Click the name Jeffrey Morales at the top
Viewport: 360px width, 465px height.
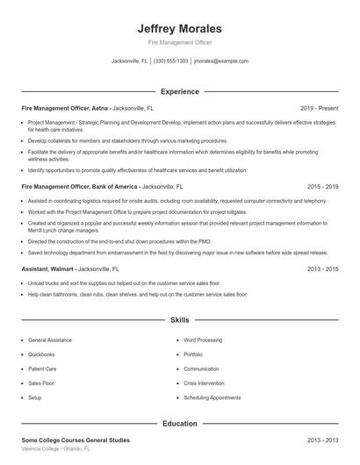tap(180, 28)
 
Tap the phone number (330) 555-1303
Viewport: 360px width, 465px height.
tap(171, 61)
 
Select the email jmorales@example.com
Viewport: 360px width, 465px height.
tap(221, 61)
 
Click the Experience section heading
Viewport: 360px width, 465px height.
tap(180, 91)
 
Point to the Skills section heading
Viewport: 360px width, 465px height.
tap(180, 321)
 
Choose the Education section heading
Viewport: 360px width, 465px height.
tap(180, 424)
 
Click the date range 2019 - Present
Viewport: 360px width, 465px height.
tap(319, 107)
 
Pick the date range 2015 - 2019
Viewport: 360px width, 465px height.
tap(323, 187)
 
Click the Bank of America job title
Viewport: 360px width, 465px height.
tap(80, 187)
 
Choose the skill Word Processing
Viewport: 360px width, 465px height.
tap(204, 340)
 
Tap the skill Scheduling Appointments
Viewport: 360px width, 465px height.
tap(212, 397)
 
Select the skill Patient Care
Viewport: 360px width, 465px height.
tap(43, 368)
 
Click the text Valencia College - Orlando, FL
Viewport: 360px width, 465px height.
tap(55, 448)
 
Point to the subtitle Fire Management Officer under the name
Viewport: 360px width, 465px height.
tap(180, 42)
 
